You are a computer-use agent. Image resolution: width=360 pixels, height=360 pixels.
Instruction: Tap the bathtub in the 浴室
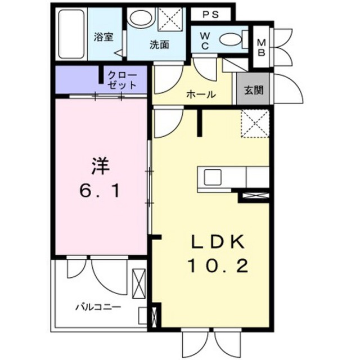point(71,34)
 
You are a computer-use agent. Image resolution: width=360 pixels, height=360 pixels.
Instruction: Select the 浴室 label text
point(103,37)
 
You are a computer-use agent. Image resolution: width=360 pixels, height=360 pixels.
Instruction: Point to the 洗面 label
point(160,44)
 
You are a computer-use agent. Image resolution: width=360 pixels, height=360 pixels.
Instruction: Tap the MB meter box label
point(261,47)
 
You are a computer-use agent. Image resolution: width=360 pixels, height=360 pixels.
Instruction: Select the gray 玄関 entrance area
point(254,89)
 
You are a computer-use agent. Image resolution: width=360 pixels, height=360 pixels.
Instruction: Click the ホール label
point(201,94)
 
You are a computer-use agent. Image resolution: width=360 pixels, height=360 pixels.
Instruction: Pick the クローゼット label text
point(122,80)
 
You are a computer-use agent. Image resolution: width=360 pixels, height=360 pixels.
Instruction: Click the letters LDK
point(218,242)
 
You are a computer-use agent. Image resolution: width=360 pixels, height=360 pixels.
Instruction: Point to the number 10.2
point(218,266)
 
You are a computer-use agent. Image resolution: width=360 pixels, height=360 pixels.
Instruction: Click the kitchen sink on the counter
point(213,177)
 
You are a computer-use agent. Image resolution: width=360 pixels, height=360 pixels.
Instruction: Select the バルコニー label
point(98,307)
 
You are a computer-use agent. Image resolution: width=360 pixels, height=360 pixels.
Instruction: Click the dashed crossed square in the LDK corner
point(255,124)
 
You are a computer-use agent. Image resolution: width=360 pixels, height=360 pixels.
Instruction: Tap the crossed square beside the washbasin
point(170,19)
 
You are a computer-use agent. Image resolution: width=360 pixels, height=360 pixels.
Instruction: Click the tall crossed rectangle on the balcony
point(139,283)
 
